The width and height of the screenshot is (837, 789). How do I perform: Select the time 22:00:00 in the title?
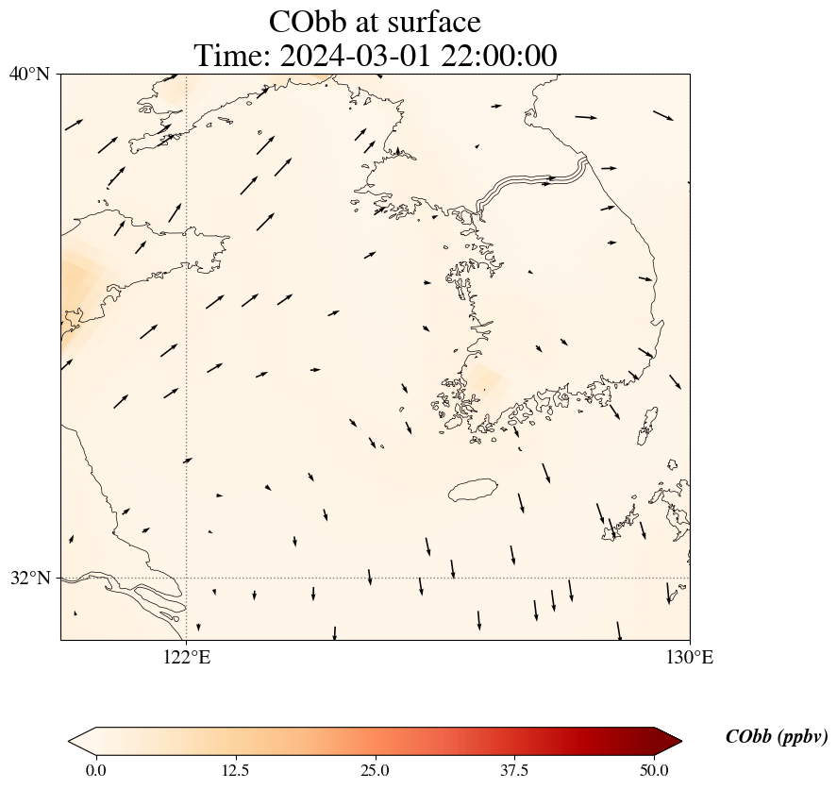(x=494, y=56)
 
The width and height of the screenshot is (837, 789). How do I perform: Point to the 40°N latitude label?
(x=29, y=74)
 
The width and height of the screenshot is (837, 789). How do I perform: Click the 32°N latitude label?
(x=29, y=578)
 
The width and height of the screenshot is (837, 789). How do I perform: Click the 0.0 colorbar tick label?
(x=95, y=770)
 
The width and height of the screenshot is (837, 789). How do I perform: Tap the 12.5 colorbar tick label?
(x=235, y=770)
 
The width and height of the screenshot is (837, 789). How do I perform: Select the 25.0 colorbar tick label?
(x=375, y=770)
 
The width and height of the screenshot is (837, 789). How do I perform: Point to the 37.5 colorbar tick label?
(x=514, y=770)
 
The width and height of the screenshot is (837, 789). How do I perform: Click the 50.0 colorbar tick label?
(x=654, y=770)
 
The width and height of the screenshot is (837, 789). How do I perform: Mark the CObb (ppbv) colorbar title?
(x=776, y=737)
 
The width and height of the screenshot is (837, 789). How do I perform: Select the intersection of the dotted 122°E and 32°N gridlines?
(x=187, y=578)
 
